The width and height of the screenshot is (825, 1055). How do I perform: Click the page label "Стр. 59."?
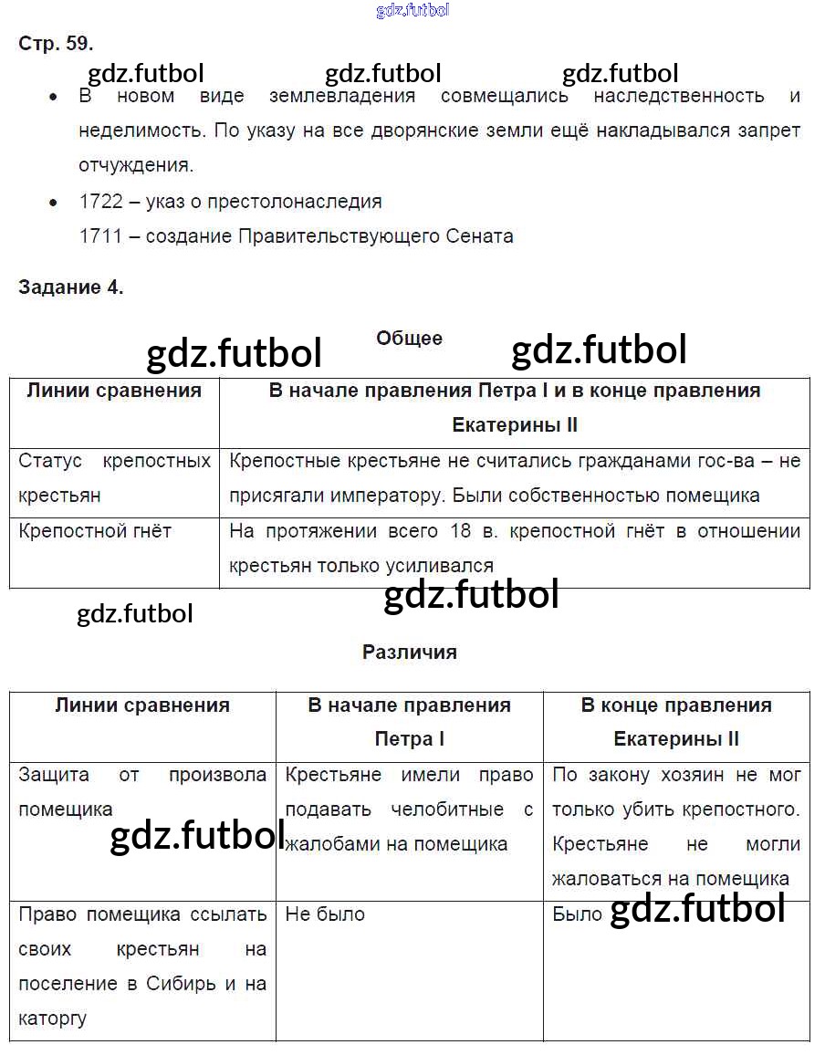(x=56, y=43)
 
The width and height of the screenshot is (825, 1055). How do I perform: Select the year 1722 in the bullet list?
(x=100, y=202)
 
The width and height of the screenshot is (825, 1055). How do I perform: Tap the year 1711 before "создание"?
(x=100, y=236)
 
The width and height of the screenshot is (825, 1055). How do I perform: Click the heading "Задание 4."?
(x=70, y=287)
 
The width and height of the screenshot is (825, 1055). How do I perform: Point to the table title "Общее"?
(x=409, y=339)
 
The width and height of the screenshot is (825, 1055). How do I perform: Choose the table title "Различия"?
(x=409, y=653)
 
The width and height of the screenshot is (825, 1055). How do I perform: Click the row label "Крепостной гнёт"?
(x=95, y=531)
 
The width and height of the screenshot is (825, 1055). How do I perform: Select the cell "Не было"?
(x=325, y=914)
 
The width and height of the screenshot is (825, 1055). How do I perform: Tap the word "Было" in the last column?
(x=577, y=914)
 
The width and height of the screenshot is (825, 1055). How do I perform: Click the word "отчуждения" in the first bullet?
(x=136, y=166)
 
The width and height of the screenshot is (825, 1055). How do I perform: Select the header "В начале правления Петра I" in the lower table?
(x=409, y=722)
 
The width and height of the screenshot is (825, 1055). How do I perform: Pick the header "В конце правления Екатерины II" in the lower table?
(x=676, y=722)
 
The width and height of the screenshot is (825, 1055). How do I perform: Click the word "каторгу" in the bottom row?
(x=52, y=1018)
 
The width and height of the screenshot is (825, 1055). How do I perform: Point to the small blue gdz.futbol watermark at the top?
(x=412, y=11)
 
